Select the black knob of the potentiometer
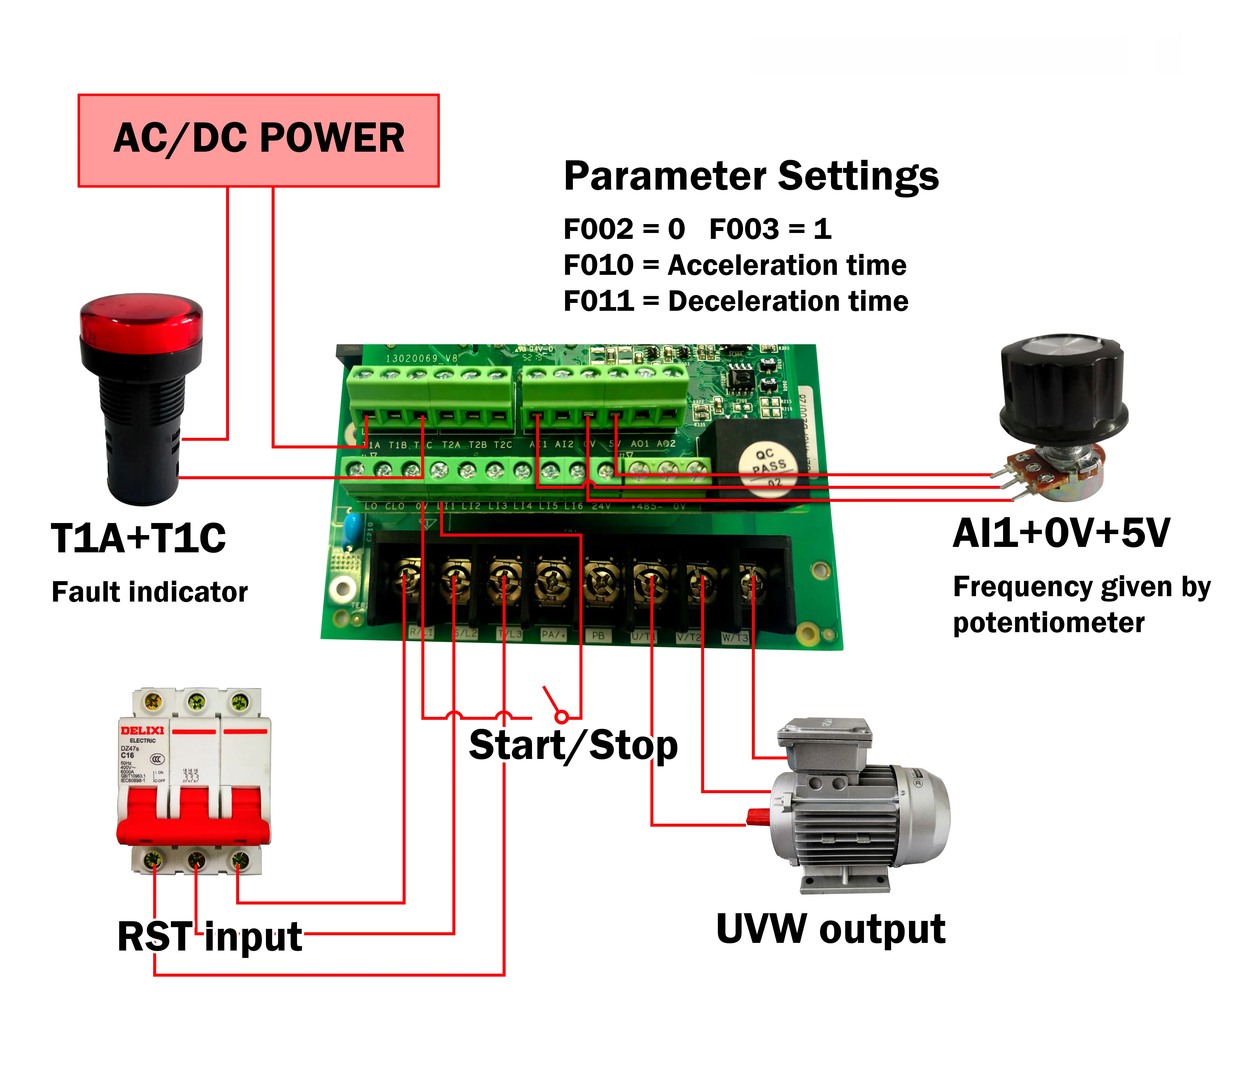click(1062, 387)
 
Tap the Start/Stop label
click(573, 746)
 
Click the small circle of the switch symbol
click(562, 717)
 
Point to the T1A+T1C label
click(138, 538)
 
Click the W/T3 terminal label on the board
click(735, 638)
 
